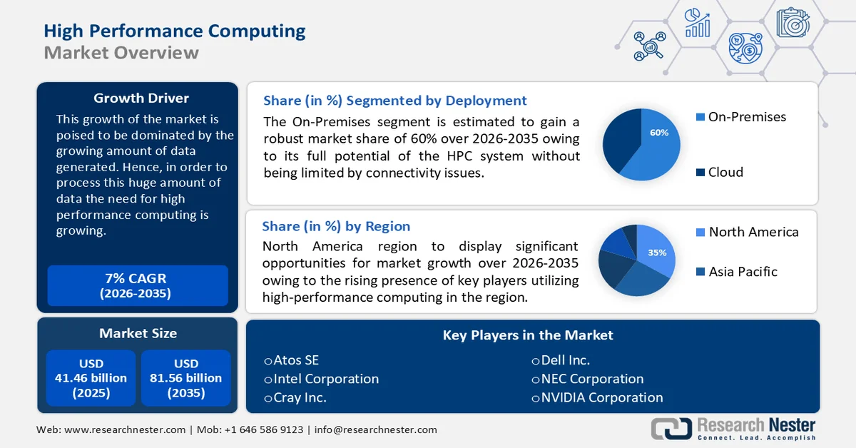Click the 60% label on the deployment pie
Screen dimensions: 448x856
tap(659, 133)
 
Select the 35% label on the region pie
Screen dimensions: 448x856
tap(657, 253)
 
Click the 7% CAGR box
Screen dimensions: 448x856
tap(137, 285)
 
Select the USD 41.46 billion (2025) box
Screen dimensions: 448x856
tap(91, 378)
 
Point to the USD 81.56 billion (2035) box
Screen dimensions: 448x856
tap(185, 378)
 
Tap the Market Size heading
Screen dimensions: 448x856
tap(138, 333)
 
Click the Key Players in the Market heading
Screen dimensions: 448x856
tap(528, 335)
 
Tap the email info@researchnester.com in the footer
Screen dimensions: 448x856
tap(375, 429)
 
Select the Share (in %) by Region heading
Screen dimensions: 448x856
tap(336, 226)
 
